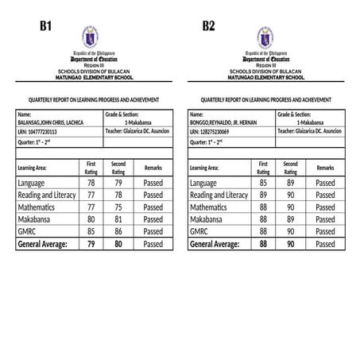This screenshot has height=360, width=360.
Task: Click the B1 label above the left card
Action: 46,26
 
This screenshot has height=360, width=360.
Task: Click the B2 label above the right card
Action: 208,26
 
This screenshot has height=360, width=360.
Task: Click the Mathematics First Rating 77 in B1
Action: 91,207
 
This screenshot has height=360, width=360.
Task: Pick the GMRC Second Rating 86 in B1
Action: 118,231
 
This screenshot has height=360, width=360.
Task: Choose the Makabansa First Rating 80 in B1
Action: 91,219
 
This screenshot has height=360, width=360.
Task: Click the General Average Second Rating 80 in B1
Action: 118,244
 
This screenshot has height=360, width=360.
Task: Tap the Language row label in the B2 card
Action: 203,183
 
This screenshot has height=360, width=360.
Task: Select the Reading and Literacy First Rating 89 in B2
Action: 264,195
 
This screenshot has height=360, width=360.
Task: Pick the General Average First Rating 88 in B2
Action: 264,244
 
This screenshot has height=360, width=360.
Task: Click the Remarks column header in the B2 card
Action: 325,168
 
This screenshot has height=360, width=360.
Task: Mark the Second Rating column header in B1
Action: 118,167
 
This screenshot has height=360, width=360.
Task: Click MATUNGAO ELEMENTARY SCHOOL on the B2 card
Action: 265,79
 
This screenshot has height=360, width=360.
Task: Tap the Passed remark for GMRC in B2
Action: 325,231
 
